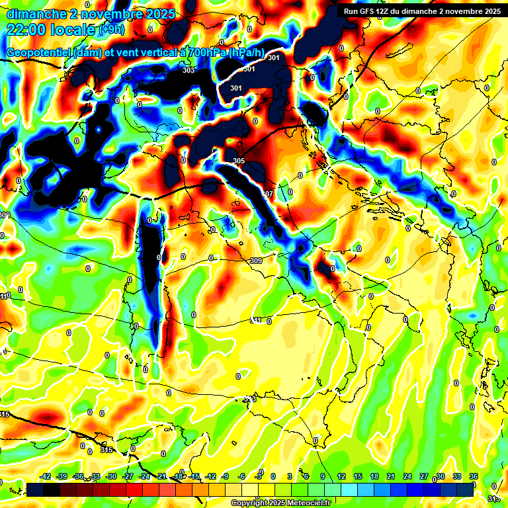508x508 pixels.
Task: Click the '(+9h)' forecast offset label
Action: [x=111, y=29]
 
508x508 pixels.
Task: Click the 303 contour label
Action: [x=189, y=70]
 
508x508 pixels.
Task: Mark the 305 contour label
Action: [x=239, y=161]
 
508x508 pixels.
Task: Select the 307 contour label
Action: [x=267, y=194]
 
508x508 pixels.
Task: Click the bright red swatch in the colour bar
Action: [x=134, y=489]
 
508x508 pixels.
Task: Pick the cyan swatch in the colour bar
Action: [x=349, y=489]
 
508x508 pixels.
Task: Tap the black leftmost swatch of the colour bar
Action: [x=35, y=489]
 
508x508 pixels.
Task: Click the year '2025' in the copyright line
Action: [x=273, y=503]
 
